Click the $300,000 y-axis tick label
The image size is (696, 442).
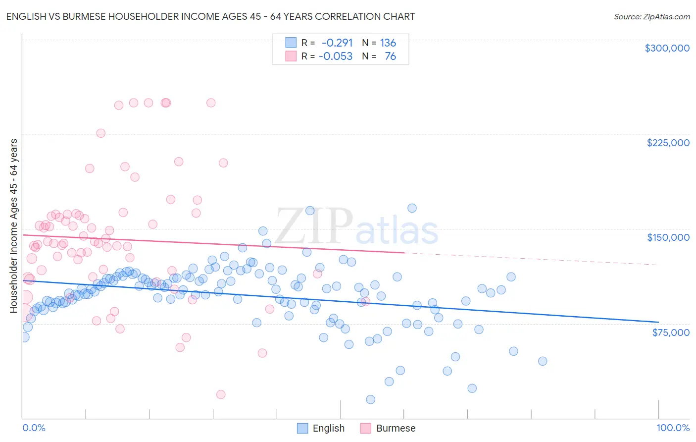(x=667, y=48)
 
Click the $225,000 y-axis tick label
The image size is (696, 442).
(x=668, y=143)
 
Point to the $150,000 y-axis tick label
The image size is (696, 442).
(x=668, y=237)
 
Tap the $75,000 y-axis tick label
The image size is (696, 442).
(x=671, y=332)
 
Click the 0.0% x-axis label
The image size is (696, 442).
(x=34, y=428)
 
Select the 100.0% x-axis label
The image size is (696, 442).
(x=673, y=428)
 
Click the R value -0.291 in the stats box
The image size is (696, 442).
(x=337, y=43)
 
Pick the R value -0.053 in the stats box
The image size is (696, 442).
(x=335, y=56)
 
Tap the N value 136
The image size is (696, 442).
(x=388, y=43)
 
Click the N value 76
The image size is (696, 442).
(x=390, y=56)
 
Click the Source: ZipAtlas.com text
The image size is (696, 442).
(x=651, y=16)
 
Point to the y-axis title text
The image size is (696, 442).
(x=14, y=226)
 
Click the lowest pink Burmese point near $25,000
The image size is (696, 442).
(x=221, y=394)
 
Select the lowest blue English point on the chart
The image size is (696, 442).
(x=370, y=399)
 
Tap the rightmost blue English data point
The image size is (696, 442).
(x=543, y=361)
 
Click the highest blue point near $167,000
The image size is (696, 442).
(x=412, y=208)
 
